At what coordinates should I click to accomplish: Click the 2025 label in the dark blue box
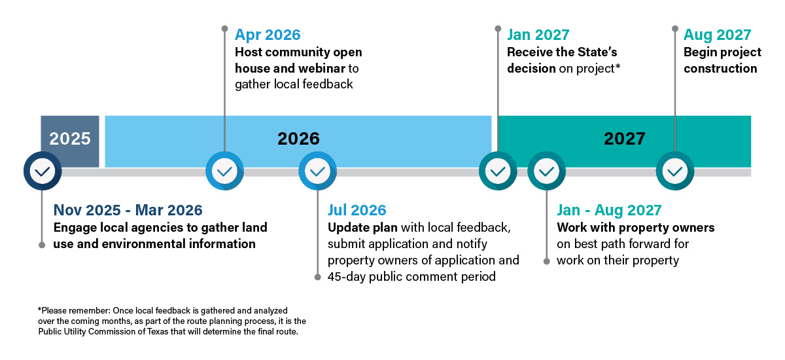point(70,139)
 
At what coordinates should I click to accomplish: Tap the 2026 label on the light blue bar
point(298,139)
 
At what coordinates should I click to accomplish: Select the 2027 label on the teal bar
point(625,139)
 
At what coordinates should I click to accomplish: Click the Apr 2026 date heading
point(268,35)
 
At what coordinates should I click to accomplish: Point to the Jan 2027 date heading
point(538,35)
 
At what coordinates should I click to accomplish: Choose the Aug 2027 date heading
point(718,35)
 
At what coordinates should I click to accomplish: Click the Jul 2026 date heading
point(357,210)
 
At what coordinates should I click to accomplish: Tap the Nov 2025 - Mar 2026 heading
point(128,210)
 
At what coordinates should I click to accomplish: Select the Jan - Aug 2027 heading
point(609,210)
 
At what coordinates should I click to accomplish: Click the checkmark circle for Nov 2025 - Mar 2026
point(43,171)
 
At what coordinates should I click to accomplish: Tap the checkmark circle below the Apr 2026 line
point(224,171)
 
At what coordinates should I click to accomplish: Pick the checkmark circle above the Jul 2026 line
point(317,171)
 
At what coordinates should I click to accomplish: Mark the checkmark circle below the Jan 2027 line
point(498,171)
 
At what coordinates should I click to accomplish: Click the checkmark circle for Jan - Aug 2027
point(546,171)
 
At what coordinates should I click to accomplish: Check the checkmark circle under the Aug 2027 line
point(675,171)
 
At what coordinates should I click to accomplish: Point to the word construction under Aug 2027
point(720,68)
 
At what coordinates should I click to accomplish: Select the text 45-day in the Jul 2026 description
point(347,277)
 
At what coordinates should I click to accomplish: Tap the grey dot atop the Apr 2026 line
point(224,28)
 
